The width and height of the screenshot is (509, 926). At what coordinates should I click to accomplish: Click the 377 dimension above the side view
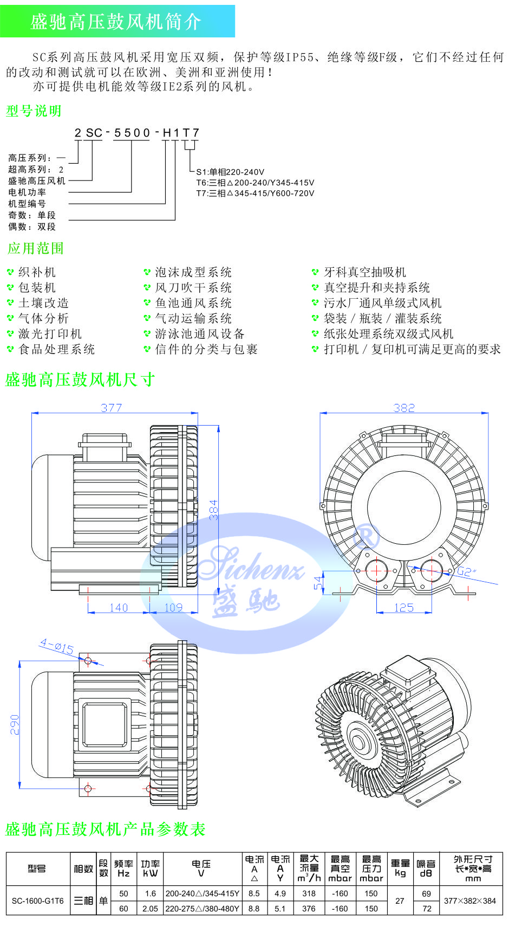click(x=112, y=408)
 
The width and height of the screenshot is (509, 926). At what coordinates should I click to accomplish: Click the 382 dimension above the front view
click(x=404, y=408)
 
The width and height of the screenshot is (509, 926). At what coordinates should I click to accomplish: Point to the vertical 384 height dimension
click(x=213, y=510)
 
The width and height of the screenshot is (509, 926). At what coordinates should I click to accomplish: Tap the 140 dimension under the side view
click(x=119, y=608)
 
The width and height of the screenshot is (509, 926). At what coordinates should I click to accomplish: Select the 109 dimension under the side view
click(x=173, y=608)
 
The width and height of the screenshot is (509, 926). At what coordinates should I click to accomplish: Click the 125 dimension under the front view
click(x=404, y=608)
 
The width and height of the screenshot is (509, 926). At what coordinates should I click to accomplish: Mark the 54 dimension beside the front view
click(x=318, y=583)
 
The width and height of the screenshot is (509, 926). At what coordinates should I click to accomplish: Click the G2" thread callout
click(x=466, y=571)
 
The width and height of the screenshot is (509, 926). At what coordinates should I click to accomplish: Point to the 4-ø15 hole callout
click(x=56, y=646)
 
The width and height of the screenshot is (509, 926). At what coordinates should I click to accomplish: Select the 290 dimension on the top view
click(x=15, y=725)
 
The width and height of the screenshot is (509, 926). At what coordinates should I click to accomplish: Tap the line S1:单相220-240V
click(x=230, y=172)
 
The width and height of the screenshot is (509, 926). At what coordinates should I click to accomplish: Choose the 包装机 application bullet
click(x=37, y=287)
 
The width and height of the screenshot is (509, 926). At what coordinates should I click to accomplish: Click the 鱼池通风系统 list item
click(x=193, y=303)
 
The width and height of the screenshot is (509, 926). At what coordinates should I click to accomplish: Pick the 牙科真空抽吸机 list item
click(x=364, y=272)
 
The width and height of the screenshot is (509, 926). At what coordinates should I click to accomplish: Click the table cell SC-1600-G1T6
click(x=37, y=901)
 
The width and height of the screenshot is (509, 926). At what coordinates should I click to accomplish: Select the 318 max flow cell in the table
click(x=309, y=893)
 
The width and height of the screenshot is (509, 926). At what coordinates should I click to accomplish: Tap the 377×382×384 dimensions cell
click(x=470, y=901)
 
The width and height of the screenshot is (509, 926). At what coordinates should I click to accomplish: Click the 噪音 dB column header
click(x=426, y=869)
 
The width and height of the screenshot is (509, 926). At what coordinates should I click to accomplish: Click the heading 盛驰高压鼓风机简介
click(x=116, y=22)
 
